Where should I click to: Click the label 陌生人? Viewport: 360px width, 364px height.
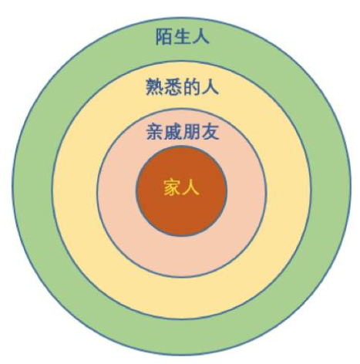coord(182,37)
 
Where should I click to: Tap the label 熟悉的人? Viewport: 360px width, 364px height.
coord(182,87)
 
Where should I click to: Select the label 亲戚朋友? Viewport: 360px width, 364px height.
coord(183,132)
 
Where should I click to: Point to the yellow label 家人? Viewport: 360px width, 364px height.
coord(181,188)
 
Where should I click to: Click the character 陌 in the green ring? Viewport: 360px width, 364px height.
coord(164,37)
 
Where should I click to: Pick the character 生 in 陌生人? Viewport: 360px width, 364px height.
coord(182,37)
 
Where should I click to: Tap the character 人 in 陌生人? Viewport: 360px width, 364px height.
coord(200,37)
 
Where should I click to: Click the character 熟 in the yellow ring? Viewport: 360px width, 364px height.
coord(154,87)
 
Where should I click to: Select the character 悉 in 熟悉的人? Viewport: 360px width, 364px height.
coord(173,87)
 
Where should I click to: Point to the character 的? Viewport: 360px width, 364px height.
coord(191,87)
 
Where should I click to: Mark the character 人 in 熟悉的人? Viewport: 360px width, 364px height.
coord(210,87)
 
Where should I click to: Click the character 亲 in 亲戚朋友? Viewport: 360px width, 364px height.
coord(155,132)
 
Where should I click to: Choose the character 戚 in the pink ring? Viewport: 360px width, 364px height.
coord(173,132)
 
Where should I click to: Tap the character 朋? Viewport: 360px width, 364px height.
coord(192,132)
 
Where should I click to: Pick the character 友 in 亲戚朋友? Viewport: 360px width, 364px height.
coord(210,132)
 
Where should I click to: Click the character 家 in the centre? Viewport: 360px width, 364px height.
coord(172,188)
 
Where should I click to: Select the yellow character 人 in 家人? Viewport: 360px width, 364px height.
coord(191,188)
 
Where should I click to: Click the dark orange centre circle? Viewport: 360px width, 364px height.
coord(181,214)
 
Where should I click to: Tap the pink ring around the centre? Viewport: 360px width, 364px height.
coord(117,193)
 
